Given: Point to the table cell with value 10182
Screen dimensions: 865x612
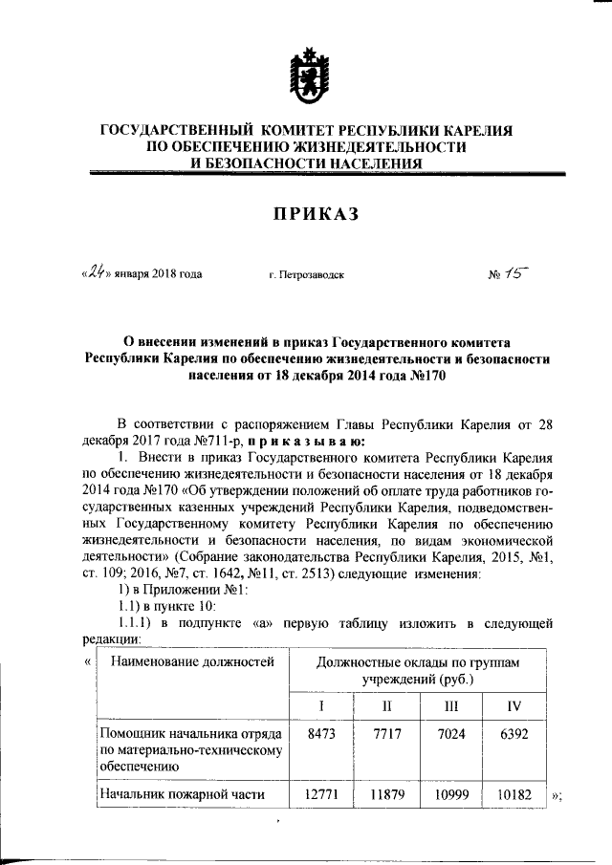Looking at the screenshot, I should click(x=514, y=794).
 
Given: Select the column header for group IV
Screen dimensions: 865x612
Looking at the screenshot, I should click(x=514, y=705).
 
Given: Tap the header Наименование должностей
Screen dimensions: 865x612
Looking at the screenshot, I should click(x=192, y=660).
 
